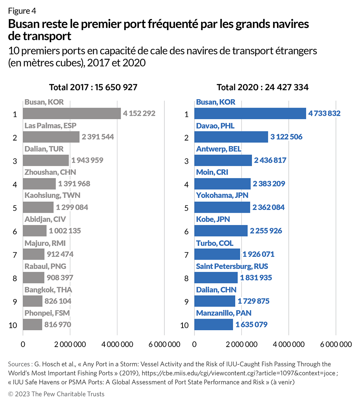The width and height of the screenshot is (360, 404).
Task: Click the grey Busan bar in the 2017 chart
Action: pyautogui.click(x=72, y=114)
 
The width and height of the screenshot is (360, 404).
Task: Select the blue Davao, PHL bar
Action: pyautogui.click(x=231, y=137)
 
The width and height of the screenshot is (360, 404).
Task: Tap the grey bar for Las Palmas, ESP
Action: pyautogui.click(x=51, y=137)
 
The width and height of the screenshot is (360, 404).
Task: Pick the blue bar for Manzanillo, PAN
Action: pyautogui.click(x=213, y=324)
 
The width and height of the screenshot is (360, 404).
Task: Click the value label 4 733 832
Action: pyautogui.click(x=324, y=113)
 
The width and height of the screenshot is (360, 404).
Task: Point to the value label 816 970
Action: pyautogui.click(x=57, y=324)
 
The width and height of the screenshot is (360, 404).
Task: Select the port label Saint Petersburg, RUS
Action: pyautogui.click(x=232, y=266)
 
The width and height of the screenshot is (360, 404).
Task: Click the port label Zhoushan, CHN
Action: pyautogui.click(x=50, y=172)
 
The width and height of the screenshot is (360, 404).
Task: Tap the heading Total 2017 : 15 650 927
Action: pyautogui.click(x=93, y=88)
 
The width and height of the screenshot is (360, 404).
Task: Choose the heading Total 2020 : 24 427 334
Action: pyautogui.click(x=263, y=88)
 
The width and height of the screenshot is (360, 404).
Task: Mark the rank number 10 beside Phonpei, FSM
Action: pyautogui.click(x=13, y=325)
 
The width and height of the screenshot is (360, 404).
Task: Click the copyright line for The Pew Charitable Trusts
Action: pyautogui.click(x=56, y=394)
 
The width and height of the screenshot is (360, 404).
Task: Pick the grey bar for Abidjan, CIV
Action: pyautogui.click(x=35, y=231)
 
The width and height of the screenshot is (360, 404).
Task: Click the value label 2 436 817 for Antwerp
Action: pyautogui.click(x=270, y=161)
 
